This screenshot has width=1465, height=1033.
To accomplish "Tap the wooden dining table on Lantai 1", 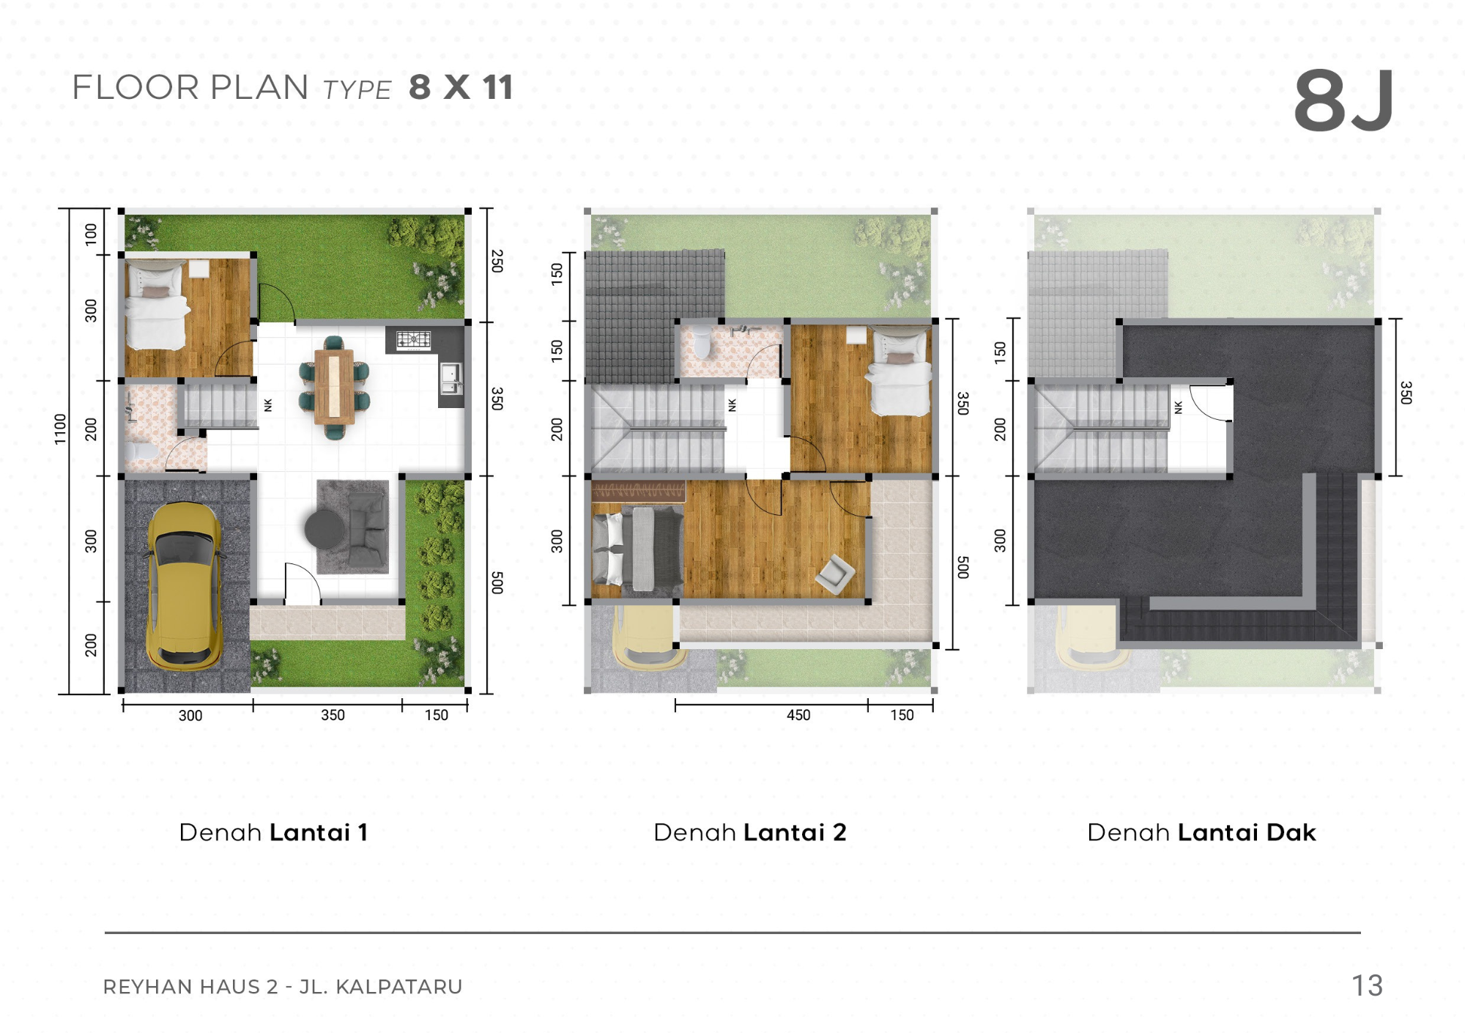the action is click(x=335, y=387).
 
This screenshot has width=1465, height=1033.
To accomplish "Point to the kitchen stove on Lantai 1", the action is click(x=413, y=339).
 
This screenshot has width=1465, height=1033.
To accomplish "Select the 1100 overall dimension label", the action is click(x=60, y=429).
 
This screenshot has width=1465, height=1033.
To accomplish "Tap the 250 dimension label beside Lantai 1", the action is click(x=497, y=262).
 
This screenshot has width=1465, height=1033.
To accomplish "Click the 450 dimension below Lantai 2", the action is click(x=798, y=715).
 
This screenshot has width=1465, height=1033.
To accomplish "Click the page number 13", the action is click(x=1367, y=986).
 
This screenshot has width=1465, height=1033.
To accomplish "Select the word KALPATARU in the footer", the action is click(x=398, y=987).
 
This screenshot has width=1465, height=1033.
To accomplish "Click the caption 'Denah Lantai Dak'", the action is click(x=1201, y=832).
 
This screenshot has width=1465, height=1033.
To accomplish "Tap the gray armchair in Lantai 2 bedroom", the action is click(x=835, y=574).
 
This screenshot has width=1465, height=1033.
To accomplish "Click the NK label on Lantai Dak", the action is click(x=1178, y=407).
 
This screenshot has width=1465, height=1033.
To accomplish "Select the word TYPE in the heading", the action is click(x=357, y=90).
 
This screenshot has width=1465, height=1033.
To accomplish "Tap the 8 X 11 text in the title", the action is click(x=461, y=87).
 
